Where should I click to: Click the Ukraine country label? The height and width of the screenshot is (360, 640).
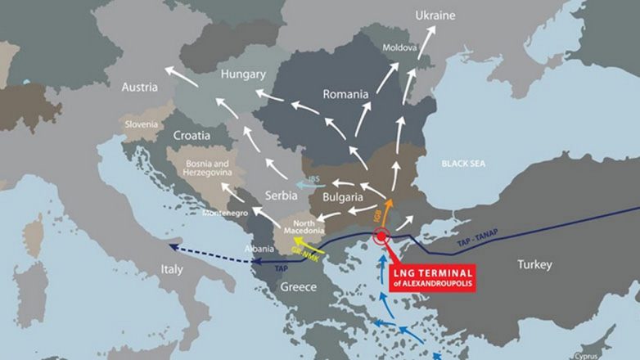(435, 16)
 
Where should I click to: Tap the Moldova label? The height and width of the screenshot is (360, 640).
(400, 47)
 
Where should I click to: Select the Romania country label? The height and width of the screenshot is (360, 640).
(345, 94)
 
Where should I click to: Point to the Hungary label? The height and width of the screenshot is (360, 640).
(243, 74)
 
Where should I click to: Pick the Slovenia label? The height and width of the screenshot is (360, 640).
(142, 124)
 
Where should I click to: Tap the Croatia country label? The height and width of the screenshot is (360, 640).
(192, 135)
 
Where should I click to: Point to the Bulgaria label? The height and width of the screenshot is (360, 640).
(342, 198)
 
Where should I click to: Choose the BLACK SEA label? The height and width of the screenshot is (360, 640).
(463, 164)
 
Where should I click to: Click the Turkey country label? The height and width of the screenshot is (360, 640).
(534, 264)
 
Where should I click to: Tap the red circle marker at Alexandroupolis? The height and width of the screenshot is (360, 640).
(381, 238)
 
